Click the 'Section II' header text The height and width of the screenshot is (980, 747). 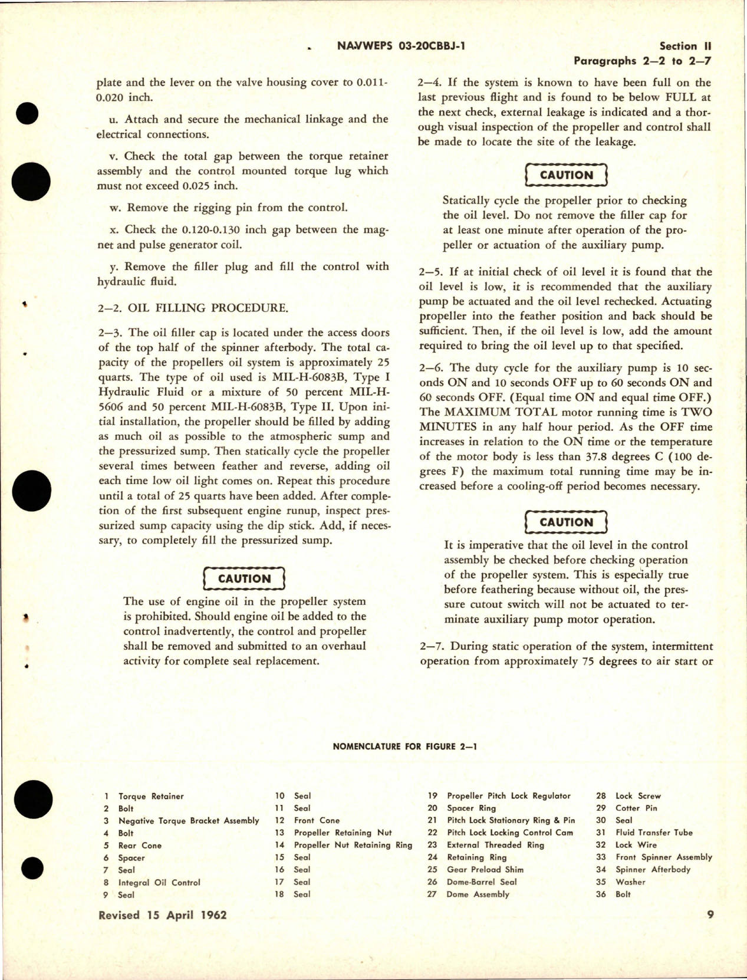pyautogui.click(x=686, y=46)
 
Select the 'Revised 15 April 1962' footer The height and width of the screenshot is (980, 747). pyautogui.click(x=163, y=915)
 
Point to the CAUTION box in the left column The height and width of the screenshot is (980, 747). pyautogui.click(x=244, y=578)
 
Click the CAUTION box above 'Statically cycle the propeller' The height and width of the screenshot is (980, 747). pyautogui.click(x=566, y=175)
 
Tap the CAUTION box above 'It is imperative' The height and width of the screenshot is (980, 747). pyautogui.click(x=566, y=522)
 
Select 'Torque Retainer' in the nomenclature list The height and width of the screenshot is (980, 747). pyautogui.click(x=151, y=796)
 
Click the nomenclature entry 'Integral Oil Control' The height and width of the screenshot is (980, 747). pyautogui.click(x=159, y=883)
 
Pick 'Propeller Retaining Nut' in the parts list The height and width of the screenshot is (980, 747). pyautogui.click(x=343, y=833)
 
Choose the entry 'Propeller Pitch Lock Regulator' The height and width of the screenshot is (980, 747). pyautogui.click(x=509, y=795)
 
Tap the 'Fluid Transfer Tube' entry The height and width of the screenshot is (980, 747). pyautogui.click(x=654, y=833)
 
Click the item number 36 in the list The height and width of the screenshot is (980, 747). pyautogui.click(x=601, y=894)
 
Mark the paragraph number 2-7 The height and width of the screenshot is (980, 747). pyautogui.click(x=432, y=646)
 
